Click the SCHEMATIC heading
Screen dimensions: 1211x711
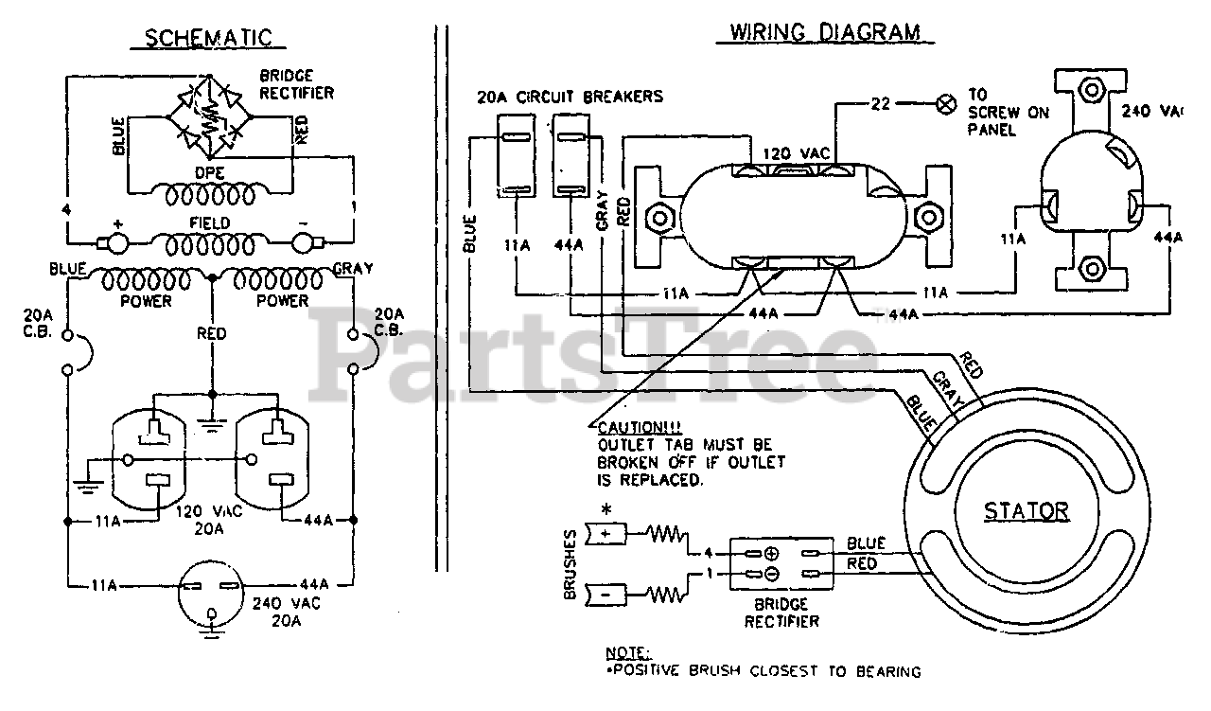coord(208,38)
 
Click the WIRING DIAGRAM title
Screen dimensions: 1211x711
coord(825,32)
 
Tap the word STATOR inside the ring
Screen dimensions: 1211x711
coord(1027,511)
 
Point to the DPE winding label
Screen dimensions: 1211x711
coord(210,173)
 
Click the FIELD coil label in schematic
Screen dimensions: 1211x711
coord(210,222)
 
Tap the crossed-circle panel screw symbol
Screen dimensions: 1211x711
coord(945,104)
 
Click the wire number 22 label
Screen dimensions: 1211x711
coord(881,103)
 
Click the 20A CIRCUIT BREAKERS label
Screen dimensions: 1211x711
coord(570,97)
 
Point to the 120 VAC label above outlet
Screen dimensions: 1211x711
coord(796,153)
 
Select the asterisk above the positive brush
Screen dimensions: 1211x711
coord(607,510)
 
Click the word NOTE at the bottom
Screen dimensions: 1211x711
coord(627,653)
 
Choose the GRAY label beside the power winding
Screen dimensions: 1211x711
coord(353,268)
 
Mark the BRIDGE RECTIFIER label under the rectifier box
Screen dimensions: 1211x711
coord(781,613)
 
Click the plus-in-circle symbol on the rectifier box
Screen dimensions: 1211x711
coord(772,554)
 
